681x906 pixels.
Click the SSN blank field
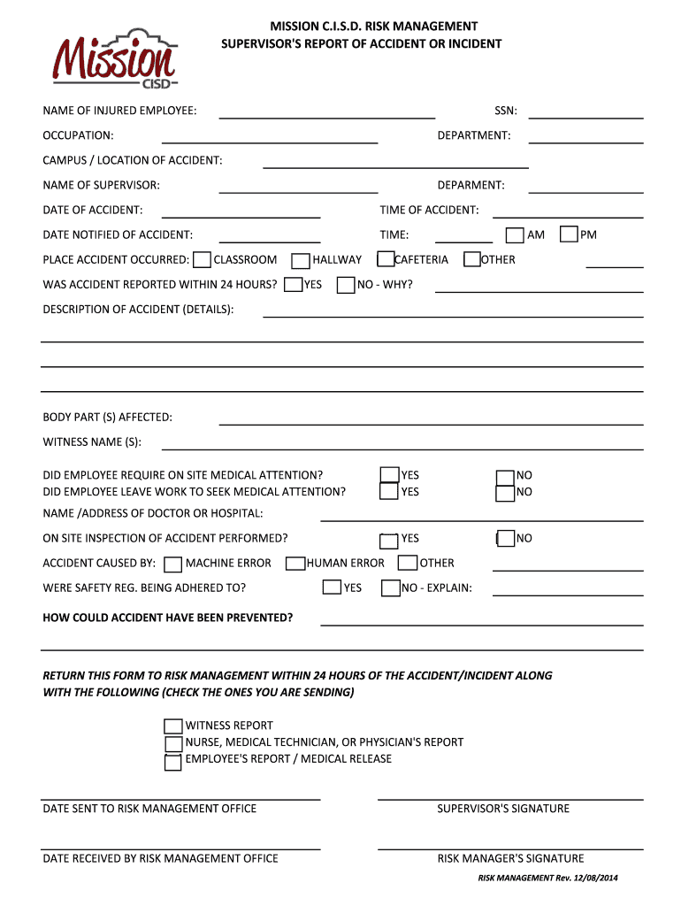[x=585, y=112]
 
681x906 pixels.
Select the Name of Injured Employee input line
[x=326, y=112]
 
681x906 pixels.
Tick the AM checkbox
[x=515, y=234]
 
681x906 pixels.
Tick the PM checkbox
[x=569, y=234]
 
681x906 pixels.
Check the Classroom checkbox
[x=202, y=260]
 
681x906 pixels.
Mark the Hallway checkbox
[x=300, y=260]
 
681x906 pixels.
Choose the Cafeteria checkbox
[x=386, y=259]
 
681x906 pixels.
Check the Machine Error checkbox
[x=173, y=564]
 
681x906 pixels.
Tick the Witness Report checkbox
[x=173, y=726]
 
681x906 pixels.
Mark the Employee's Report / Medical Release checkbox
[x=173, y=761]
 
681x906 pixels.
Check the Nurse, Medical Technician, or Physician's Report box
[x=173, y=743]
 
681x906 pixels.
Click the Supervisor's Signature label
[x=503, y=809]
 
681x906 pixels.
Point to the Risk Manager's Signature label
[x=510, y=858]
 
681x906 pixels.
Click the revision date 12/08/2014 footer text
[x=547, y=877]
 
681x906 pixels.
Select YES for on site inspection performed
[x=388, y=540]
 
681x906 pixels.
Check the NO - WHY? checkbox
[x=346, y=285]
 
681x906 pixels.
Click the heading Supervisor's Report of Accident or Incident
[x=361, y=43]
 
